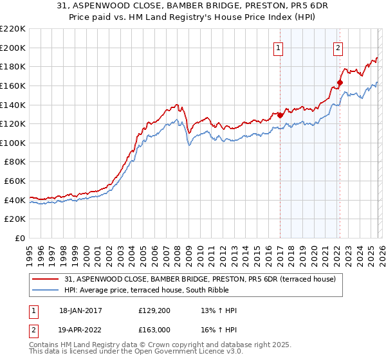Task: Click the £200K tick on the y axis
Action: click(13, 48)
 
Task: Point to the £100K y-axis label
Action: click(13, 143)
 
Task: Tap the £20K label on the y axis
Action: click(15, 219)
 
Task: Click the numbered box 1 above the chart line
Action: click(279, 46)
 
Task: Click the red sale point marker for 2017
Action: click(280, 115)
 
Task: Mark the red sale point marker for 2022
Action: click(340, 82)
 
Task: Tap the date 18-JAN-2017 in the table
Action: click(80, 310)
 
